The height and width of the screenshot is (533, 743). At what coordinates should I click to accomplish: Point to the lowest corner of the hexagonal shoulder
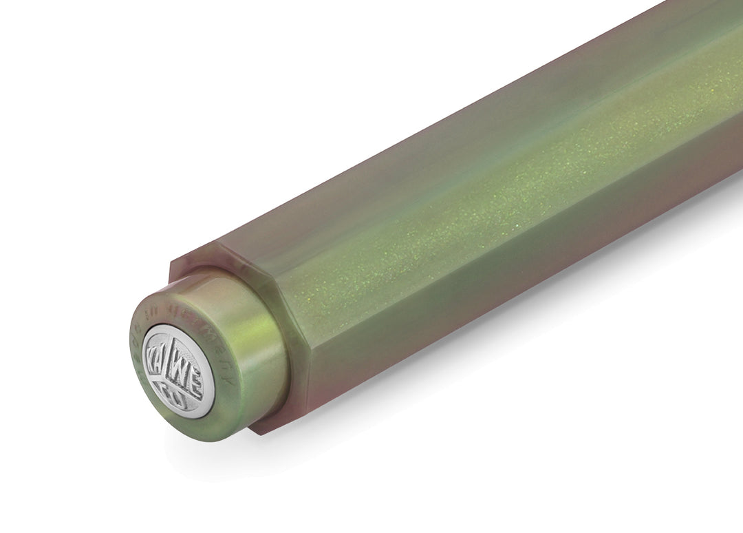pyautogui.click(x=258, y=432)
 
